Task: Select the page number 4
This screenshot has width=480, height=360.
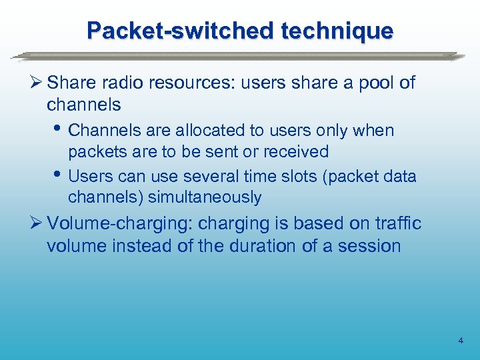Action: pos(461,341)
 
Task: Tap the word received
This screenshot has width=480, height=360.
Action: pos(296,152)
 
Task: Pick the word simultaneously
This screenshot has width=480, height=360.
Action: pos(205,198)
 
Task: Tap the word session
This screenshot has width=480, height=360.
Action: pos(369,246)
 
